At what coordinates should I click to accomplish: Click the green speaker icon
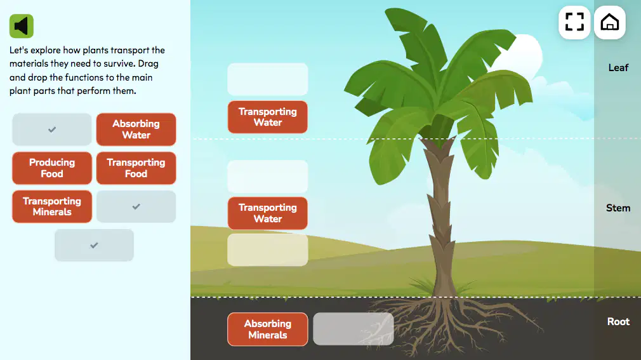21,26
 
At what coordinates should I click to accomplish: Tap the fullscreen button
574,22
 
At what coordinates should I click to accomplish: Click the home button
609,22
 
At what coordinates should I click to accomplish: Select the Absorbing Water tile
136,130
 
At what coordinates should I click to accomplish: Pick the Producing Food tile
52,168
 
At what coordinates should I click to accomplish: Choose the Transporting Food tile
136,168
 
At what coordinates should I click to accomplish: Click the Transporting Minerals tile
52,206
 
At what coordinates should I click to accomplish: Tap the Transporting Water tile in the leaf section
268,117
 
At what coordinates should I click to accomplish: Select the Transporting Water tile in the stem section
268,213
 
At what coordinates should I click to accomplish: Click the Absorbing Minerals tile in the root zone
268,330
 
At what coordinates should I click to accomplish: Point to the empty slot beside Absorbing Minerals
354,329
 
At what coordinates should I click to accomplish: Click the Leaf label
618,68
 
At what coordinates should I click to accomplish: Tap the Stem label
618,208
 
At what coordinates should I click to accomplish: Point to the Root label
618,321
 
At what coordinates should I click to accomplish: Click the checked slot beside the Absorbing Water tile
52,130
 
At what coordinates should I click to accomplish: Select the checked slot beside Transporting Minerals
136,206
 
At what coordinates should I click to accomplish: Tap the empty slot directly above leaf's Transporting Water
268,79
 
